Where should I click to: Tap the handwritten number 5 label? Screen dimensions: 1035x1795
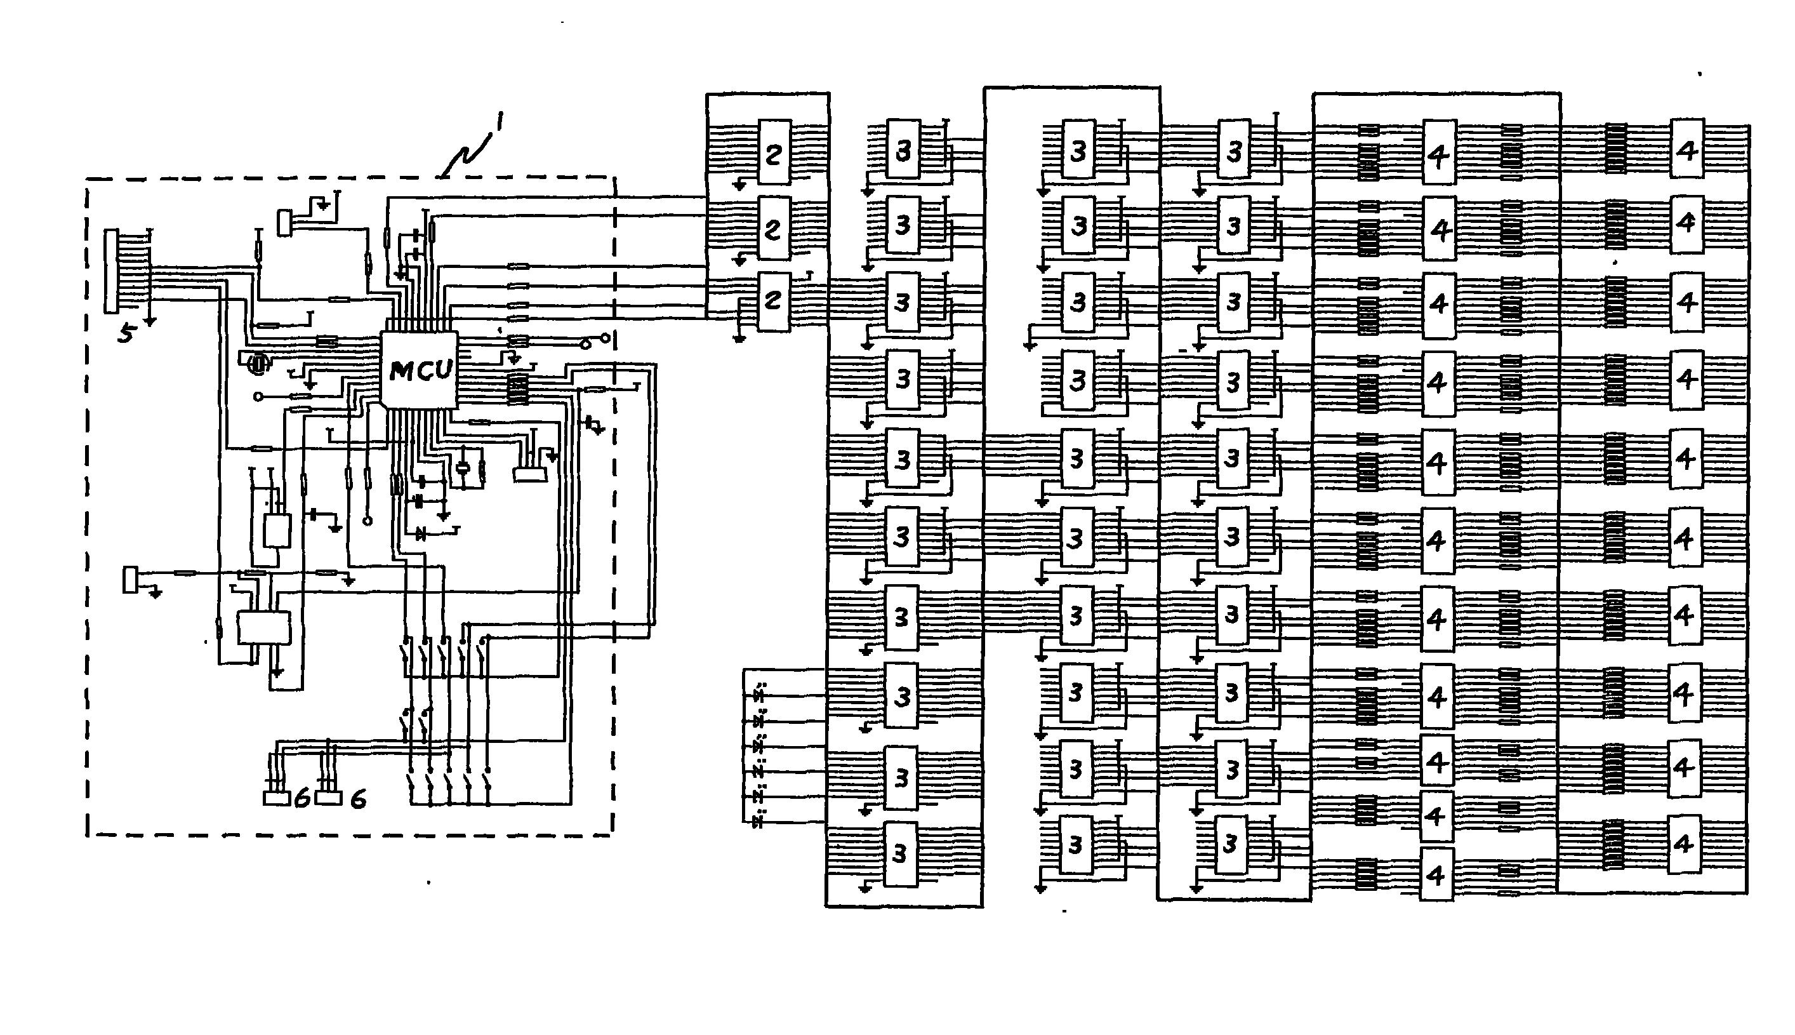pyautogui.click(x=126, y=332)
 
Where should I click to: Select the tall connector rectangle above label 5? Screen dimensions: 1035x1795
pyautogui.click(x=112, y=271)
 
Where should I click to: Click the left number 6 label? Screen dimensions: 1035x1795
pyautogui.click(x=302, y=799)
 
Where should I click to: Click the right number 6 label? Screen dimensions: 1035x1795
pyautogui.click(x=358, y=799)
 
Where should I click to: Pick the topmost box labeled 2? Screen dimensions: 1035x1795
pyautogui.click(x=774, y=153)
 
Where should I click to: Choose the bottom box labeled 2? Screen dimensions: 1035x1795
pyautogui.click(x=773, y=301)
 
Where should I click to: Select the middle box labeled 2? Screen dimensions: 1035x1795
pyautogui.click(x=773, y=228)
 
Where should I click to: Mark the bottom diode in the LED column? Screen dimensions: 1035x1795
pyautogui.click(x=758, y=822)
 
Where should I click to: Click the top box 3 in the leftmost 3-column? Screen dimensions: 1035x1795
pyautogui.click(x=903, y=149)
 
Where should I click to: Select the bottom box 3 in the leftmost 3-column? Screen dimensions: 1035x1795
pyautogui.click(x=900, y=853)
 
